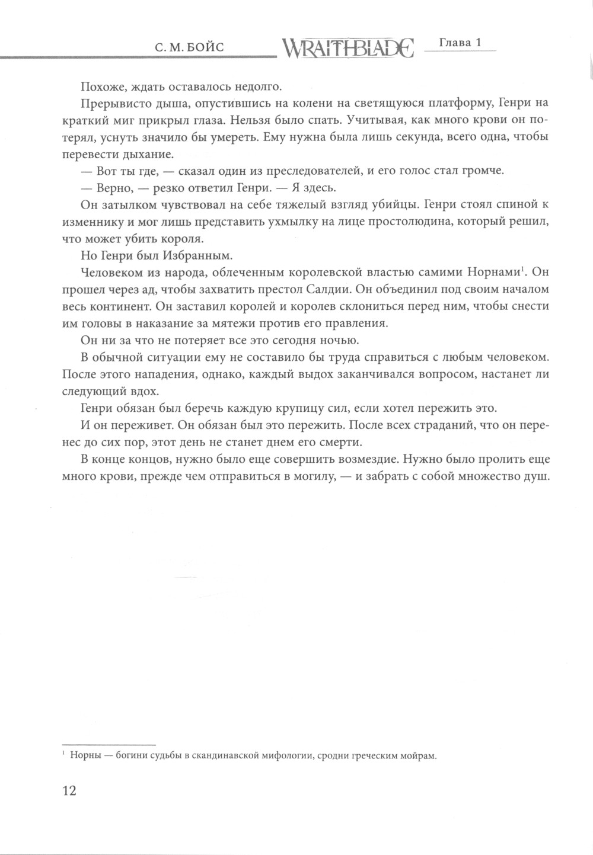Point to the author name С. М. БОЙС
pyautogui.click(x=189, y=48)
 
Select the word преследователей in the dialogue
pyautogui.click(x=314, y=171)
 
